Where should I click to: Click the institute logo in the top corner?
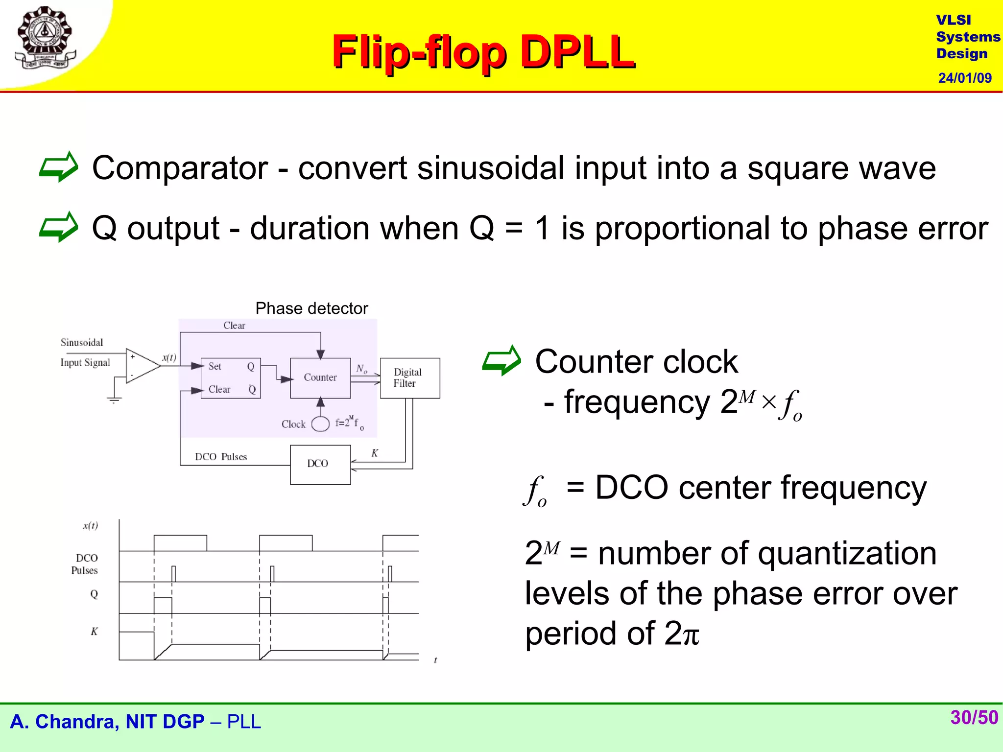[45, 38]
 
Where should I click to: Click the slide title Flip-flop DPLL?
[483, 52]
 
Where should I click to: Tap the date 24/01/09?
[964, 78]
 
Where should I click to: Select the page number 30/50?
[974, 717]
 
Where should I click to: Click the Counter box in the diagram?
[320, 377]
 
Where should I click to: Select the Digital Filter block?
[409, 378]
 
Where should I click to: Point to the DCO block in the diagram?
[320, 464]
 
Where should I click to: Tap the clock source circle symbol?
[320, 424]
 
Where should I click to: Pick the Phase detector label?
[311, 308]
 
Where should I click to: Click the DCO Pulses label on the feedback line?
[220, 457]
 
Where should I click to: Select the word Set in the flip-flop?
[215, 366]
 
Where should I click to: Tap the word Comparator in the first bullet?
[180, 168]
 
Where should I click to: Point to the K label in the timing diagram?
[94, 632]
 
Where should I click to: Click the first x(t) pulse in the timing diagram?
[180, 542]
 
